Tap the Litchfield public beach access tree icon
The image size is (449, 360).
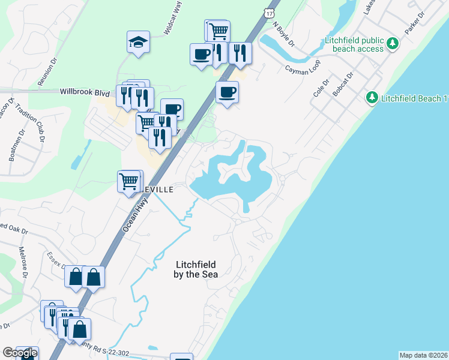coord(393,43)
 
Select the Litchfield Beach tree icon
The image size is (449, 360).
coord(372,97)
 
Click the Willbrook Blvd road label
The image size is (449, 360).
coord(85,93)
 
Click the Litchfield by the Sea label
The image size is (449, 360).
coord(196,269)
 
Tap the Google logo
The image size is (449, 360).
coord(20,353)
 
